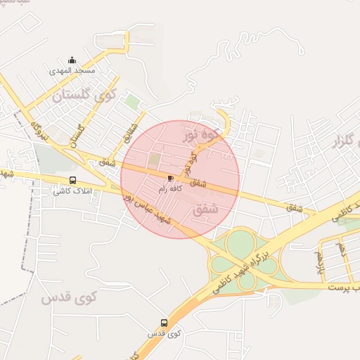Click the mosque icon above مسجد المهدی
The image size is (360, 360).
point(71,60)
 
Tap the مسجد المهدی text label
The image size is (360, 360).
point(71,72)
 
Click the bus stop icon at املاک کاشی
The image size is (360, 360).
point(73,181)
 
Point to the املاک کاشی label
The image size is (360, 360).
point(73,191)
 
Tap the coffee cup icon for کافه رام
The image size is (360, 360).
point(171,178)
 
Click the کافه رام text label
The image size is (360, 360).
point(171,188)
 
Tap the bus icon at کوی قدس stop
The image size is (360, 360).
point(164,323)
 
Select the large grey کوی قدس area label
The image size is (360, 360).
point(68,297)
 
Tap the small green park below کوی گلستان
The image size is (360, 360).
point(131,102)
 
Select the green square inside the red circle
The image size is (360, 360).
point(154,160)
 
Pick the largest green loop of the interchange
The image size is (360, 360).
point(240,244)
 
